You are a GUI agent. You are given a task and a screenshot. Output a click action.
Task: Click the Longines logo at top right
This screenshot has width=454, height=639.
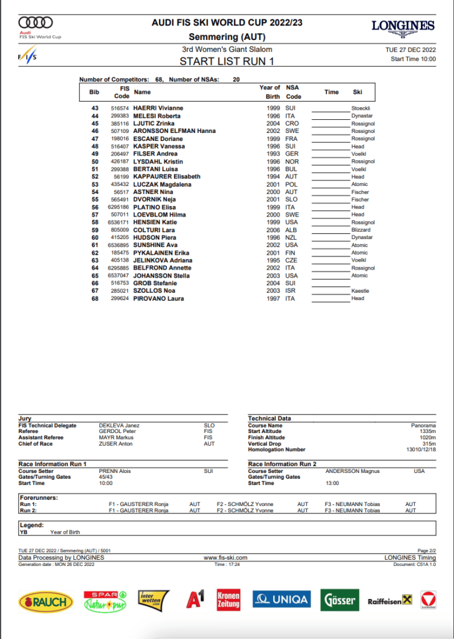[403, 26]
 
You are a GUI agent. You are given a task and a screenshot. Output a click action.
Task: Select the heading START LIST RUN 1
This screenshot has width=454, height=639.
[227, 61]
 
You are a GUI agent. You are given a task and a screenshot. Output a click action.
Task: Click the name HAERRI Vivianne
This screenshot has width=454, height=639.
[158, 109]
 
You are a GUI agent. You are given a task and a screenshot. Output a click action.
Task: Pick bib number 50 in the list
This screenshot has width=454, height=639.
[95, 162]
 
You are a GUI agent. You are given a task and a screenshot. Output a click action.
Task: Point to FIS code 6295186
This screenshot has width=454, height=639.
[120, 207]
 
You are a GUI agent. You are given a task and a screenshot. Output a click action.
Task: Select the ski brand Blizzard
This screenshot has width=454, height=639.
[360, 230]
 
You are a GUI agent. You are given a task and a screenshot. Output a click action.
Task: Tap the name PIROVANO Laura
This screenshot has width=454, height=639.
[158, 298]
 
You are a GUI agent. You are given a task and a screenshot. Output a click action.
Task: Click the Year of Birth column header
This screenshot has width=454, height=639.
[269, 92]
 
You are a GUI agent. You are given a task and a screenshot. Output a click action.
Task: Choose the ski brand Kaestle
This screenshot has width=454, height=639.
[360, 291]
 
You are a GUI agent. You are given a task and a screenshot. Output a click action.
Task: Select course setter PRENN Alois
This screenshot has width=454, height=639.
[115, 471]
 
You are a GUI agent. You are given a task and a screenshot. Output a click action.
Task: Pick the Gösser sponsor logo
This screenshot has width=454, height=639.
[339, 600]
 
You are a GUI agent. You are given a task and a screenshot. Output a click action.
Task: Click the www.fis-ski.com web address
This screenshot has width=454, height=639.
[226, 557]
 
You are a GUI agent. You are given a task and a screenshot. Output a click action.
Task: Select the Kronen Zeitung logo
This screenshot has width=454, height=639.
[228, 600]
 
